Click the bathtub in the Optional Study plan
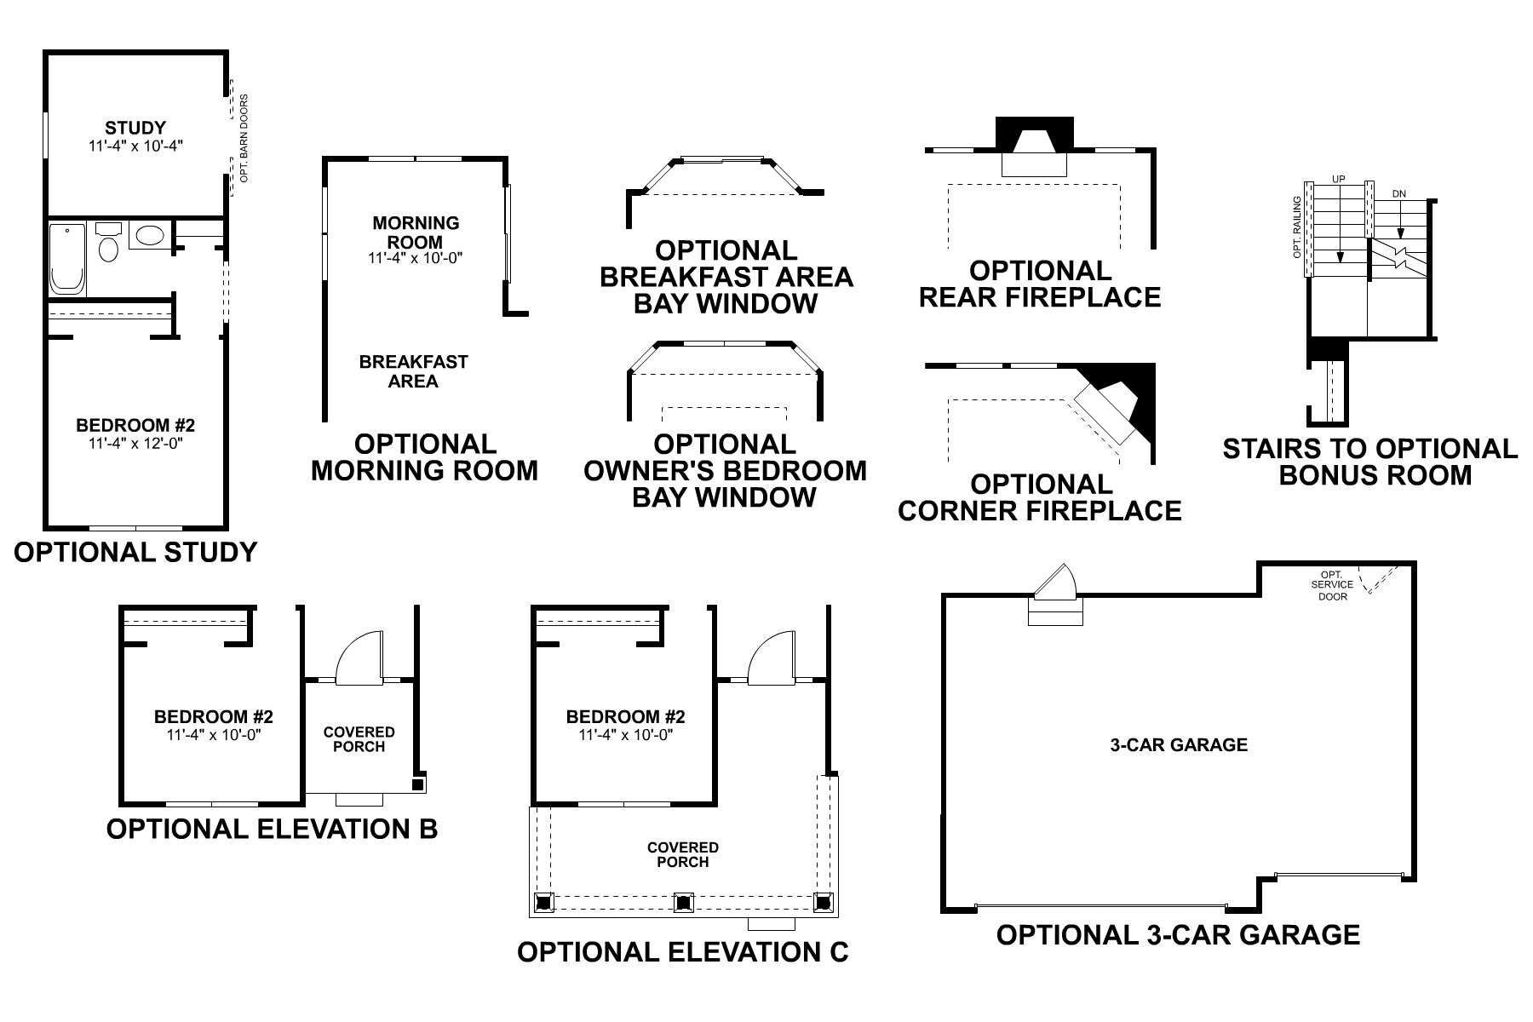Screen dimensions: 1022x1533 [x=67, y=259]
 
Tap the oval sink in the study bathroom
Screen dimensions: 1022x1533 [x=151, y=236]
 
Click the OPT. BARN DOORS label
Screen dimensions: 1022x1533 [x=244, y=138]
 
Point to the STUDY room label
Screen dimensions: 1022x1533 [x=135, y=129]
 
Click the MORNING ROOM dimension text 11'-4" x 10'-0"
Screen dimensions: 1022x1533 [x=416, y=258]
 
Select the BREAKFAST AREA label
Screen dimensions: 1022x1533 [x=413, y=371]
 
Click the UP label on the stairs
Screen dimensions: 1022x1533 [x=1338, y=180]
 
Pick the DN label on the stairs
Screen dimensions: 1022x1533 [x=1398, y=194]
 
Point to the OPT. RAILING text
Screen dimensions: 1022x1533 [x=1296, y=227]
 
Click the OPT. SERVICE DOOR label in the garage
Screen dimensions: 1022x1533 [x=1332, y=585]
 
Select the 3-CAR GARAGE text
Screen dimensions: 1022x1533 [x=1179, y=745]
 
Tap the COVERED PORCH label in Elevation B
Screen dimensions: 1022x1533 [x=359, y=739]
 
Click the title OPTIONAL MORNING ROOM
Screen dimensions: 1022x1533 [x=424, y=457]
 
